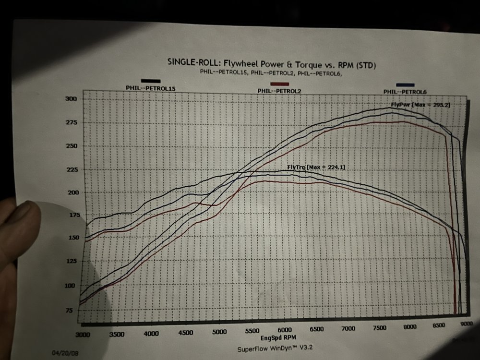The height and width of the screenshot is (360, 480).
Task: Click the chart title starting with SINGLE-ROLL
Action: (271, 62)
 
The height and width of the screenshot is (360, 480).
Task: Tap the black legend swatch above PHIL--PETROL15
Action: (151, 81)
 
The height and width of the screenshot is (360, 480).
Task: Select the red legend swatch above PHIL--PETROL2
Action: (280, 84)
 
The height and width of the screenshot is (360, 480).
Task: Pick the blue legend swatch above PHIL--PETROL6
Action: (406, 85)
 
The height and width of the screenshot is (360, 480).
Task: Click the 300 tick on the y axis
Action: (71, 99)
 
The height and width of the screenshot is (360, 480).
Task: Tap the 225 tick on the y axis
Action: (71, 169)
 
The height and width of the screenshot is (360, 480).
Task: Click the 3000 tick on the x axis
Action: (83, 333)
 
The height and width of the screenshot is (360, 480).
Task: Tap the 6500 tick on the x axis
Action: (316, 329)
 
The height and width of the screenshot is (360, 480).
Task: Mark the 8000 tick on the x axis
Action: (409, 327)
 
